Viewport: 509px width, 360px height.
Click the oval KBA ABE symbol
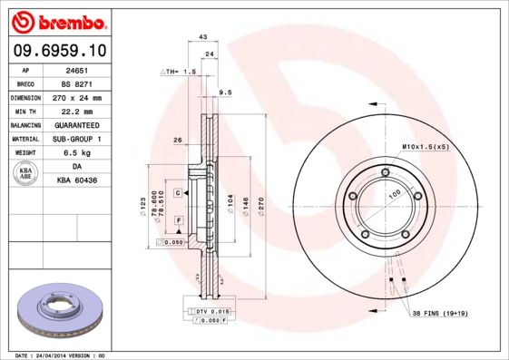27,174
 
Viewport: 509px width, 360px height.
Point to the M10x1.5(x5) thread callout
426,146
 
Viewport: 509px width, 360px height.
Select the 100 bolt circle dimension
394,194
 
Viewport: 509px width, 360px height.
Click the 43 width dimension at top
203,36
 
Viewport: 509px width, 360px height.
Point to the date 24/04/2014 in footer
56,355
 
